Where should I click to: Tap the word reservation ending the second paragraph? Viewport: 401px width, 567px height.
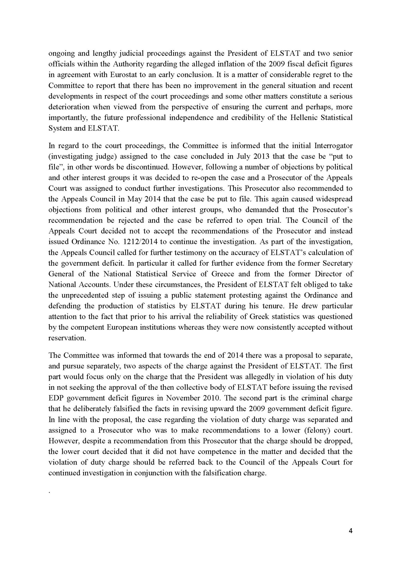click(x=66, y=338)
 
